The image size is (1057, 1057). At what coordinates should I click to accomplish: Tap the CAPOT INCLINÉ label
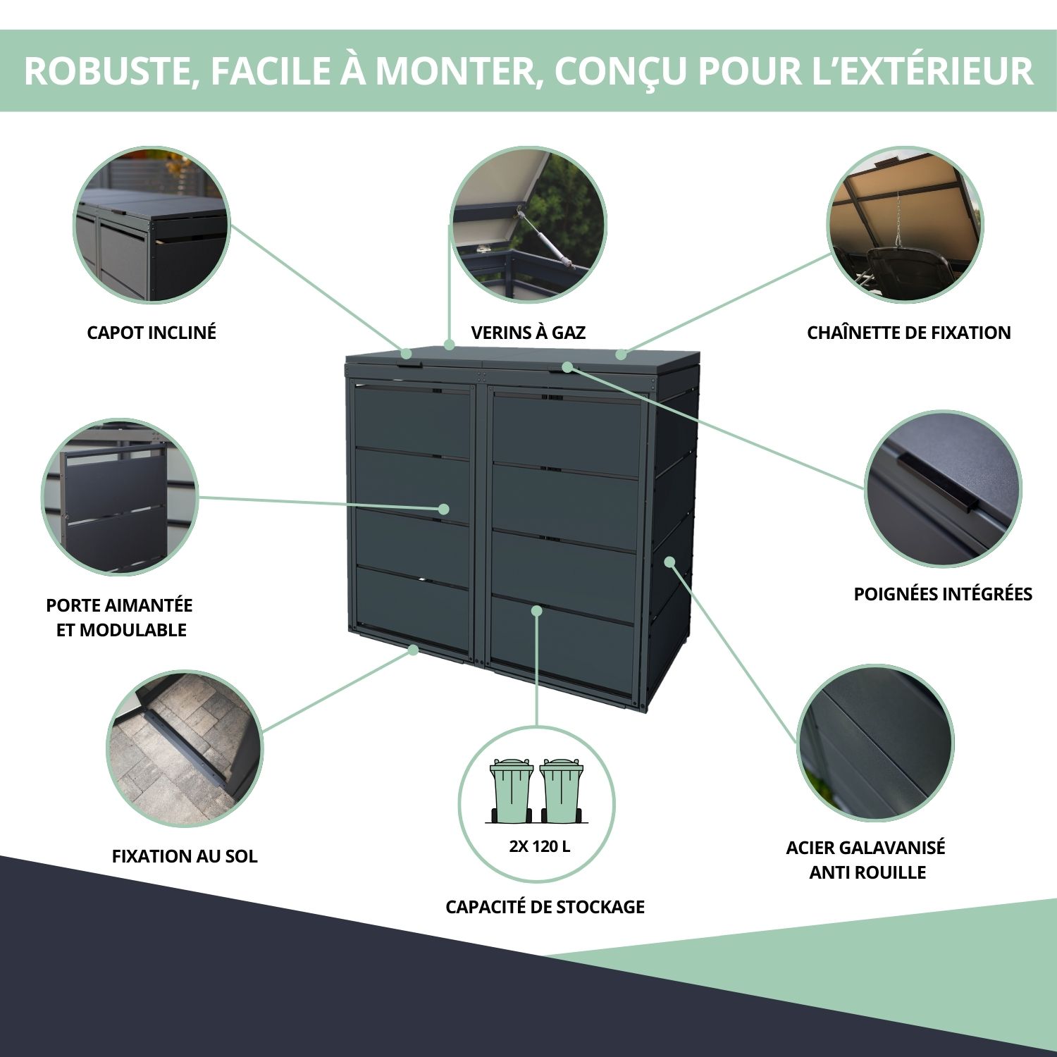coord(152,333)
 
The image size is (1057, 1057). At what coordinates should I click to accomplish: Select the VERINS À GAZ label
coord(528,333)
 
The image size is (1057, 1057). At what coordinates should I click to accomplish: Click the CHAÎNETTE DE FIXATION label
coord(909,333)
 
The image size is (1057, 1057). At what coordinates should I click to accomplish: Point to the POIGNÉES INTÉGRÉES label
coord(943,594)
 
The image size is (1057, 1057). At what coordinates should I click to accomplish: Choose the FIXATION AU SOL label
coord(185,856)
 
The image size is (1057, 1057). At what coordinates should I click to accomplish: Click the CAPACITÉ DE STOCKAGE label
coord(545,907)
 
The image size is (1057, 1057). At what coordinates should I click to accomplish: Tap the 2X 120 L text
coord(540,846)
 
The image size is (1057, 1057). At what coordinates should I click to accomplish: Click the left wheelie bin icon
coord(512,790)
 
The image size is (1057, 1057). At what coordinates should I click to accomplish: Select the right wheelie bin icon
coord(562,790)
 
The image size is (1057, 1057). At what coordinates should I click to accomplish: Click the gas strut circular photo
coord(528,225)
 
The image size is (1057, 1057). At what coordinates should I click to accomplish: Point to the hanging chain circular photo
coord(905,225)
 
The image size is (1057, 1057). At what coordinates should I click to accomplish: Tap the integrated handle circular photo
coord(943,489)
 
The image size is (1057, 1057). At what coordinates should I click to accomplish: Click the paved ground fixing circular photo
coord(185,748)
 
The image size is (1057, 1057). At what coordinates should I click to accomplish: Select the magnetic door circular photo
coord(120,497)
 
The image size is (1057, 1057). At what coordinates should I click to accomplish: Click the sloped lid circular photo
coord(152,225)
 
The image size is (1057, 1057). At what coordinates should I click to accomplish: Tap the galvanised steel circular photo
coord(875,743)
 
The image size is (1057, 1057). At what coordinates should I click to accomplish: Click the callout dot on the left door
coord(444,509)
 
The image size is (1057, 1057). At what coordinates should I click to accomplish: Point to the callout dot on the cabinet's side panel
coord(669,562)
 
